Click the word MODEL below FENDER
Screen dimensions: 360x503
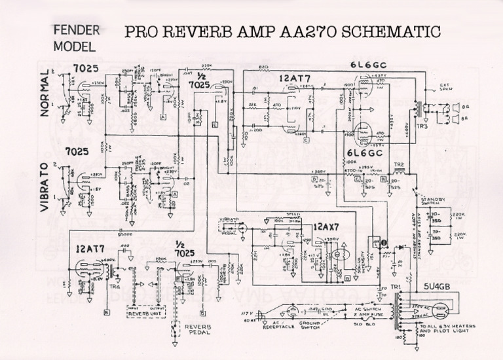coord(74,46)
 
